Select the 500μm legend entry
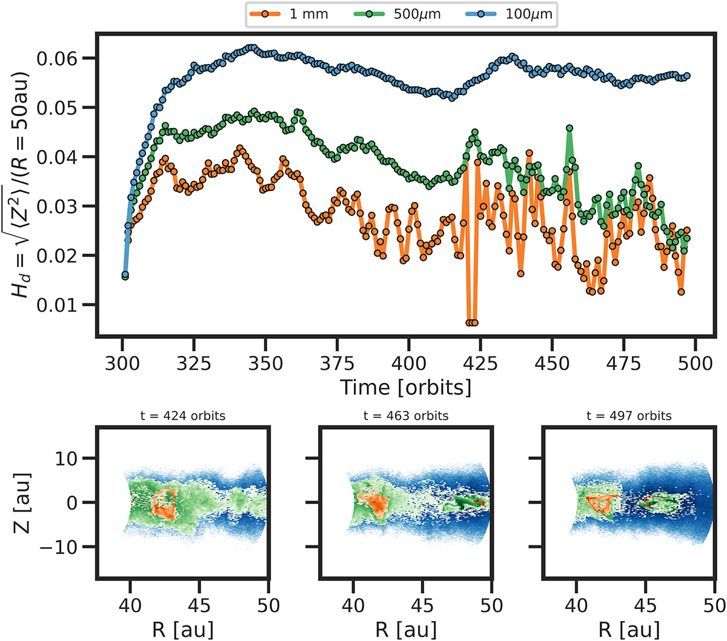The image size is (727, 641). pos(398,15)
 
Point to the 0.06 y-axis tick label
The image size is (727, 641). pos(57,59)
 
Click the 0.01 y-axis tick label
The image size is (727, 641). pos(57,305)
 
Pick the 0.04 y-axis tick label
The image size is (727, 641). pos(57,157)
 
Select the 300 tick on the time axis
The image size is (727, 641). pos(122,363)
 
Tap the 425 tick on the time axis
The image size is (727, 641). pos(480,363)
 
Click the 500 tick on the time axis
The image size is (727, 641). pos(695,363)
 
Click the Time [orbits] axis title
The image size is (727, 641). pos(405,387)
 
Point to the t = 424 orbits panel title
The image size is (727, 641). pos(182,415)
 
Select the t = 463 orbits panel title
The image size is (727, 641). pos(406,415)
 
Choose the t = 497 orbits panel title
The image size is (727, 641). pos(629,415)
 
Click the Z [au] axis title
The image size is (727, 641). pos(22,502)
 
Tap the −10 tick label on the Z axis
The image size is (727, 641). pos(59,547)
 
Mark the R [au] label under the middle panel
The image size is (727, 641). pos(406,629)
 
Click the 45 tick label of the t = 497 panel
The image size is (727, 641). pos(645,605)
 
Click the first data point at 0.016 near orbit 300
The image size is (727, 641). pos(125,275)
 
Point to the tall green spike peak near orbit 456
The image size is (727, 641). pos(569,128)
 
